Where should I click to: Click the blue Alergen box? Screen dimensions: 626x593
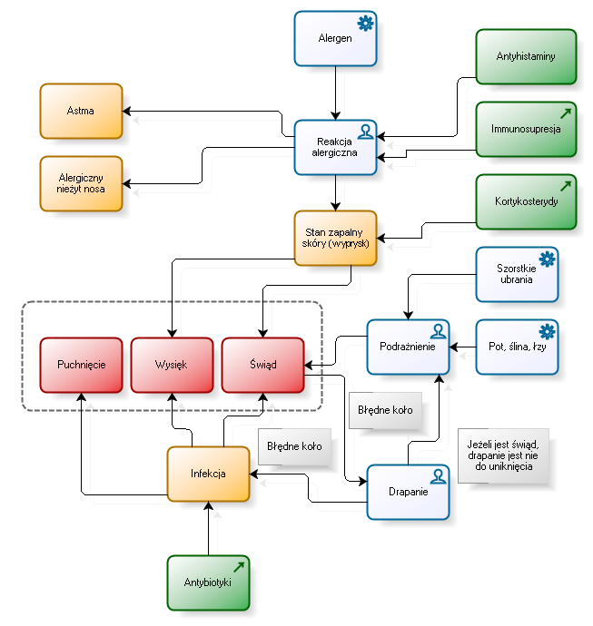coord(335,38)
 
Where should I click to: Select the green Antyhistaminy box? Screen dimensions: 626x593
coord(526,56)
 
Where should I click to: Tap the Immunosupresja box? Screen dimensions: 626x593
coord(526,129)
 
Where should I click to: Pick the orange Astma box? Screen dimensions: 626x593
coord(81,111)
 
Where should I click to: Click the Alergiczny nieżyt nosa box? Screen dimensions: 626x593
coord(81,183)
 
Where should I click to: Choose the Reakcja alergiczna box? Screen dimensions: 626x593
coord(335,147)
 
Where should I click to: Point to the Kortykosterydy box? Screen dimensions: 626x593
coord(526,201)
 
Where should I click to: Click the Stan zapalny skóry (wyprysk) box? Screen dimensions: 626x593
coord(335,238)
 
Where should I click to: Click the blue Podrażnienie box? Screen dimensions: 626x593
coord(408,347)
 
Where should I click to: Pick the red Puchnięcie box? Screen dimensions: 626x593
coord(81,365)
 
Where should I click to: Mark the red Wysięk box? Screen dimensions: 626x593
coord(172,365)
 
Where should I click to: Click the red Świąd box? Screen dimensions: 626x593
coord(262,365)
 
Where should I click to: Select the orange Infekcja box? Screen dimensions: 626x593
coord(208,474)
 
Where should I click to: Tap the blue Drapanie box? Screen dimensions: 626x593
coord(408,492)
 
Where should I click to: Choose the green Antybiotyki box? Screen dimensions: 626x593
coord(208,582)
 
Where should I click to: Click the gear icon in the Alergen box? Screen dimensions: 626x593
coord(365,24)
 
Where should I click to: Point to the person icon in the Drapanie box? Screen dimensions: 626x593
coord(438,476)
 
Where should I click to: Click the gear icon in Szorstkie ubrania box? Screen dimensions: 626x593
coord(547,259)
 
